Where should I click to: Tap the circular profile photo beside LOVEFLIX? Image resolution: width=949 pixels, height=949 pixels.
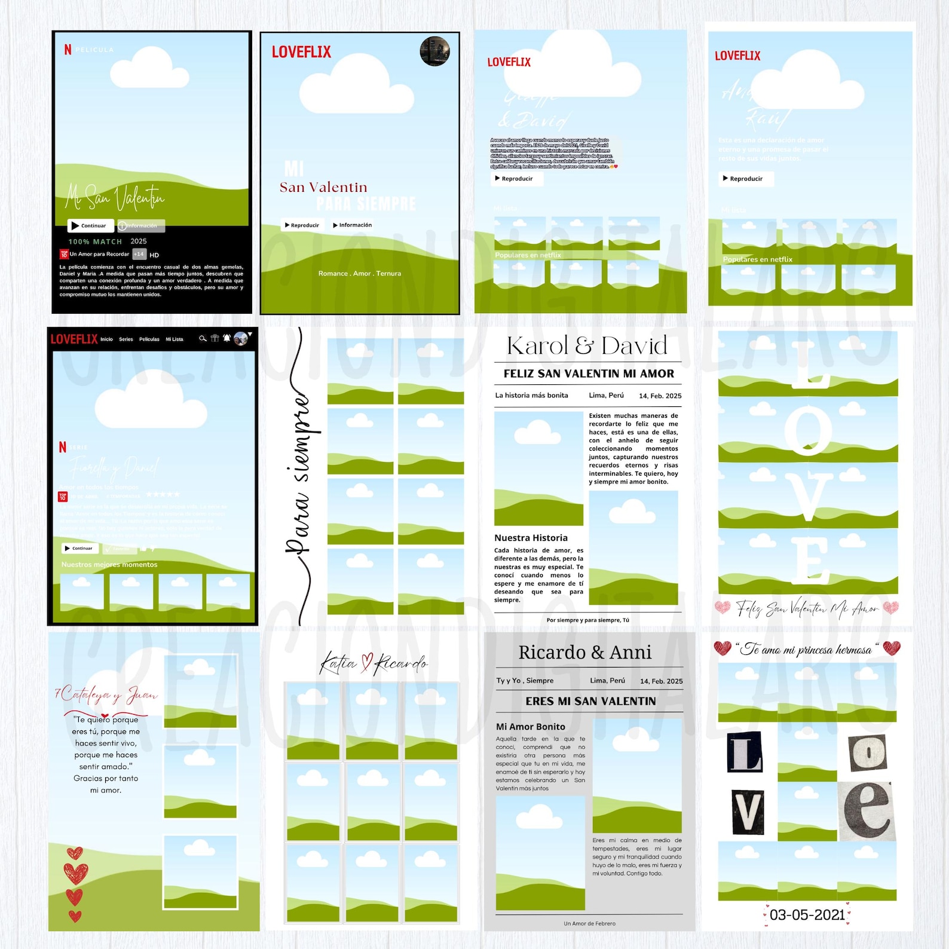coord(435,51)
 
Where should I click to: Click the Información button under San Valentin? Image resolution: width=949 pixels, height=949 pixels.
coord(353,225)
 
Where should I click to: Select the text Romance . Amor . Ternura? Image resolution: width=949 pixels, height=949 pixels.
coord(360,274)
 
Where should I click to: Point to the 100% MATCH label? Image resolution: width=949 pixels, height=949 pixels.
coord(95,241)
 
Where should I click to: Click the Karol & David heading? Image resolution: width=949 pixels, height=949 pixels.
coord(587,345)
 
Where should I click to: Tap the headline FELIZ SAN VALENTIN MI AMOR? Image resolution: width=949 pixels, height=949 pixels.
coord(589,374)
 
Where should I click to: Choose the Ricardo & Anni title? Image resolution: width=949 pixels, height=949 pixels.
coord(584,652)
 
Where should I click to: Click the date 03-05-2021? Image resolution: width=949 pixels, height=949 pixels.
coord(807,915)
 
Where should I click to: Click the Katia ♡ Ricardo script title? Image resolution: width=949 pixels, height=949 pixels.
coord(374,663)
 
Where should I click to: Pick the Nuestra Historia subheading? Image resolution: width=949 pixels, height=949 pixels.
coord(531,538)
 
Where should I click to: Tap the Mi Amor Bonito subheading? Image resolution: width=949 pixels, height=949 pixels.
coord(530,727)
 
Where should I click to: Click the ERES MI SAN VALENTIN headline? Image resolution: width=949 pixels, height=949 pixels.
coord(590,702)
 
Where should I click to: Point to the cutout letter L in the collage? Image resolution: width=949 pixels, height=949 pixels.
coord(745,752)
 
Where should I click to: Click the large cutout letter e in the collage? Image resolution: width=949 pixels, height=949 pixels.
coord(868,810)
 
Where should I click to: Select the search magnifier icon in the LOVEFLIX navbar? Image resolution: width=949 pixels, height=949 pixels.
coord(203,338)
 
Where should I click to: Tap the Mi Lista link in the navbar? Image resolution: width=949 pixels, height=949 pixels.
coord(175,339)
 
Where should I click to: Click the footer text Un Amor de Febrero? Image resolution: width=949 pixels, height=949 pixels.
coord(589,923)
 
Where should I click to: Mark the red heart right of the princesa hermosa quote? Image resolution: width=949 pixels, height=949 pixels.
coord(891,648)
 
